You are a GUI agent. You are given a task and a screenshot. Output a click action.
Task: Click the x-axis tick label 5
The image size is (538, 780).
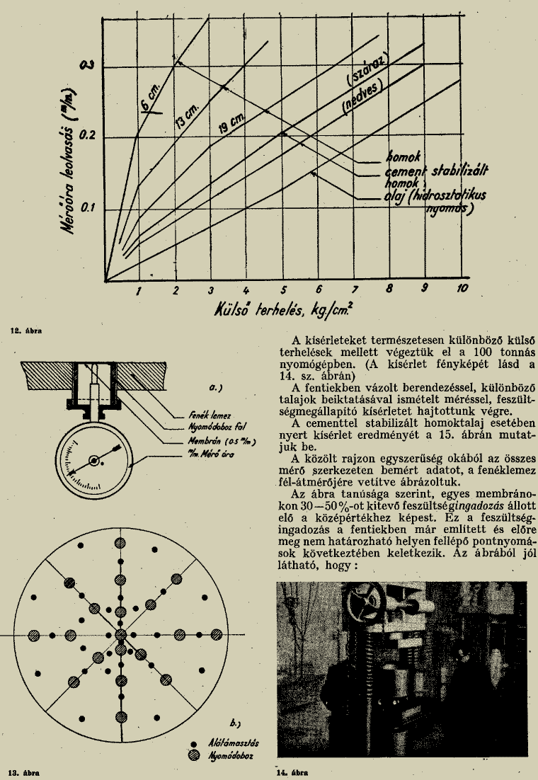click(x=282, y=290)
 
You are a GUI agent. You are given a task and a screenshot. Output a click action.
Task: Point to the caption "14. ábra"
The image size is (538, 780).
click(x=292, y=772)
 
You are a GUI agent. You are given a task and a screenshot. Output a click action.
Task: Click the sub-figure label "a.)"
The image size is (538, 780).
click(x=212, y=388)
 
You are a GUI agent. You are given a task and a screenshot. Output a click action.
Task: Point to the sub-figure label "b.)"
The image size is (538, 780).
click(x=236, y=723)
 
